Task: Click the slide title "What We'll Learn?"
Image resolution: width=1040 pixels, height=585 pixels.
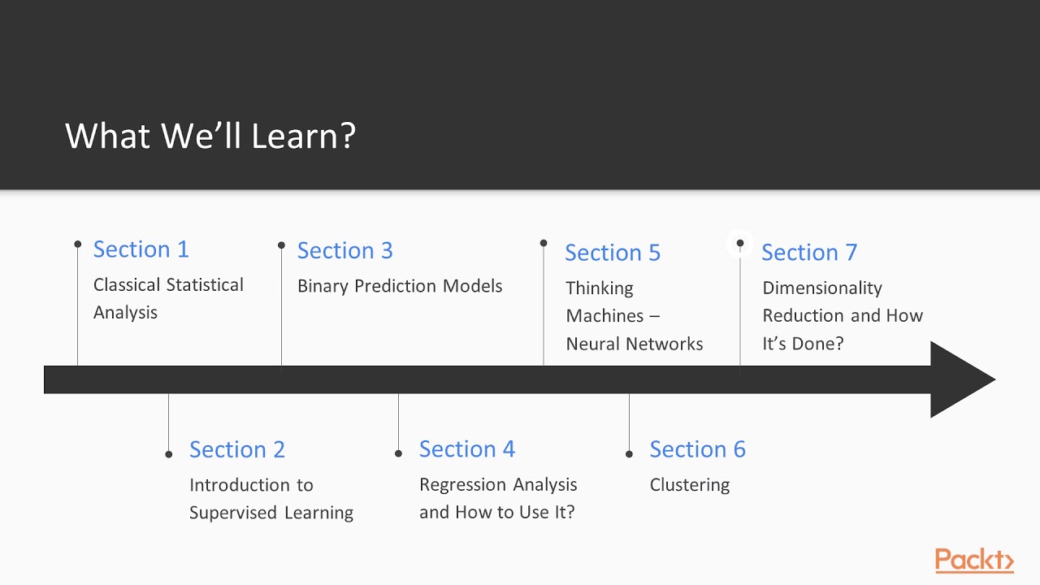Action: pos(210,136)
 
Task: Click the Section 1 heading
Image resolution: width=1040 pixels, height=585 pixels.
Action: pos(141,249)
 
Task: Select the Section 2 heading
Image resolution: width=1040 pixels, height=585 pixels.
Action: pos(236,449)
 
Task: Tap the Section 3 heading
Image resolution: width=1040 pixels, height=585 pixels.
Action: pos(344,250)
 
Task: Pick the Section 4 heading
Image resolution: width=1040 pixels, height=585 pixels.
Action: pos(466,449)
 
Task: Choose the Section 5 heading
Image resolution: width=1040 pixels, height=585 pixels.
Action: pos(613,253)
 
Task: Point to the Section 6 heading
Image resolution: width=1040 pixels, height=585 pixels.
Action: pos(697,449)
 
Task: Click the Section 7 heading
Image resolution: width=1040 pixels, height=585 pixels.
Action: pos(808,253)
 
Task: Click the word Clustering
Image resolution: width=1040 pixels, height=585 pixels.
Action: pos(689,485)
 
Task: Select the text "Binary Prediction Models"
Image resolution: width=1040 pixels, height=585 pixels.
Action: pos(400,286)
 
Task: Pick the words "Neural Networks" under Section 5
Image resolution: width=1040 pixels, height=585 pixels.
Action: pos(634,344)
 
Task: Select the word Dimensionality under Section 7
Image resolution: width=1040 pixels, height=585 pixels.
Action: pos(821,288)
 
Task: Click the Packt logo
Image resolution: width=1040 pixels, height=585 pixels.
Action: pos(973,561)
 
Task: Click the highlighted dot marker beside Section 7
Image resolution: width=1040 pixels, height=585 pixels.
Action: pos(740,243)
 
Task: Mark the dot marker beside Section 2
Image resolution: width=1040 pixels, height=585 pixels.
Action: pos(169,454)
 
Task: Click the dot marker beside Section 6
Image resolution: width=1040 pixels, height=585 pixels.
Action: pos(629,454)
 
